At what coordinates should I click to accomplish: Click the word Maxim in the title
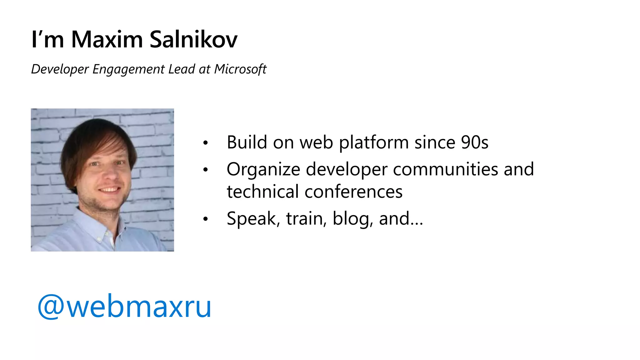[x=107, y=40]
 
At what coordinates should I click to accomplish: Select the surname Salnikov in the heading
[x=193, y=40]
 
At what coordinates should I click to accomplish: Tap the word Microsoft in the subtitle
[x=240, y=69]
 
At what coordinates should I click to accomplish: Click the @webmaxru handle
[x=124, y=307]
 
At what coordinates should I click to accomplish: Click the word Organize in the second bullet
[x=263, y=170]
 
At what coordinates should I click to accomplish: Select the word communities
[x=445, y=169]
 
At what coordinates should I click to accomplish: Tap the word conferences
[x=353, y=192]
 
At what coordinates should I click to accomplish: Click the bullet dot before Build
[x=205, y=143]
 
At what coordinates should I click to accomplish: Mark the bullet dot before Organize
[x=205, y=170]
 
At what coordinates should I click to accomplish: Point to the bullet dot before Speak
[x=205, y=219]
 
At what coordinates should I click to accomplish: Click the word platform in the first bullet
[x=374, y=143]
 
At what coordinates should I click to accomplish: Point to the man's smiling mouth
[x=109, y=190]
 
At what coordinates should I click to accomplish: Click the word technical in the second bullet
[x=263, y=192]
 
